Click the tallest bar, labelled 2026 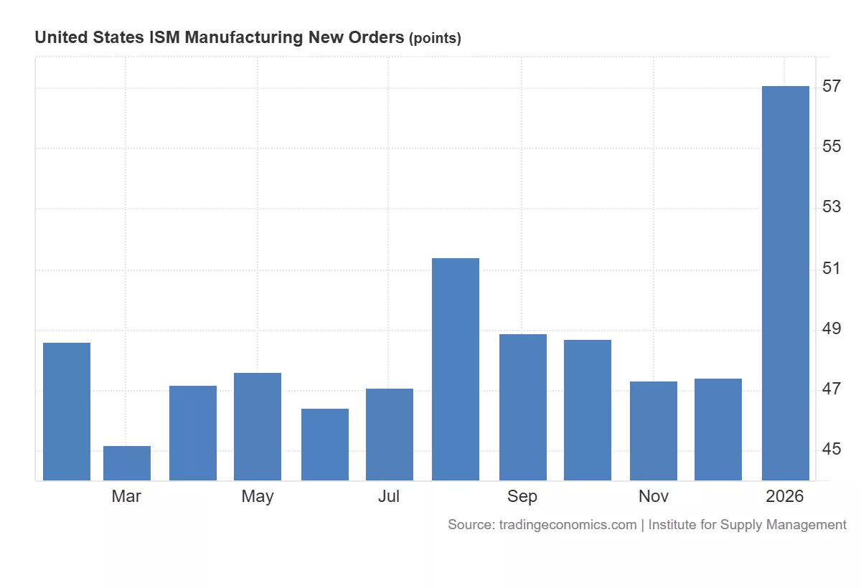[x=785, y=283]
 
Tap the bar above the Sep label [x=522, y=407]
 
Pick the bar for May [x=258, y=426]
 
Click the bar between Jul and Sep [x=455, y=369]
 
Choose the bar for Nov [x=654, y=430]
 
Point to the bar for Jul [x=389, y=434]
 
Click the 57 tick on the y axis [x=832, y=87]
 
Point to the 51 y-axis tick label [x=832, y=269]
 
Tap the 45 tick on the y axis [x=832, y=450]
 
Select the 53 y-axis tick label [x=832, y=208]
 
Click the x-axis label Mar [x=126, y=496]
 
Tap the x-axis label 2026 [x=785, y=496]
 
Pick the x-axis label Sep [x=522, y=496]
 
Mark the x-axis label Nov [x=654, y=496]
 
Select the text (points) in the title [x=435, y=39]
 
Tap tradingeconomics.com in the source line [x=567, y=525]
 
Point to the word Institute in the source [x=674, y=525]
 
